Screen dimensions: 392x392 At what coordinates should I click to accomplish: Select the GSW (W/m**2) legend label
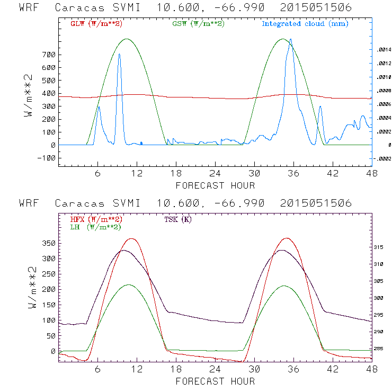[x=198, y=24]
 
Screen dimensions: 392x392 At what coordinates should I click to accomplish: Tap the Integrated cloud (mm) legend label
[x=305, y=24]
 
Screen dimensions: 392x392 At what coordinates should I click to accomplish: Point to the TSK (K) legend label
[x=178, y=219]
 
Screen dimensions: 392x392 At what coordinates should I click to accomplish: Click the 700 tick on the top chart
[x=49, y=55]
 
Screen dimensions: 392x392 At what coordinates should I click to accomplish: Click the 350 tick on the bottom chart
[x=49, y=244]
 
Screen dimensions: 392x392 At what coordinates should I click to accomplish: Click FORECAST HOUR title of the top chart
[x=215, y=185]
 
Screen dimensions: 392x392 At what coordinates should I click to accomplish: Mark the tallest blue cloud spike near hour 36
[x=290, y=40]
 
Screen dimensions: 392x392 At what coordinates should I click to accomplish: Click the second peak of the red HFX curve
[x=287, y=238]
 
